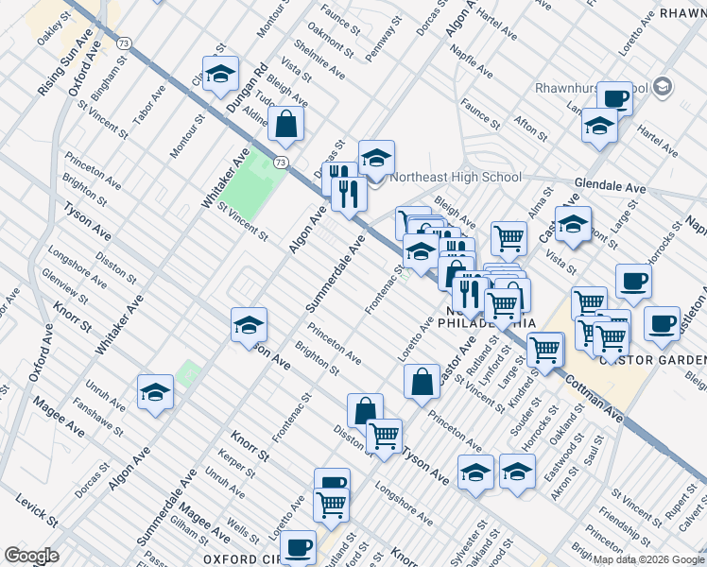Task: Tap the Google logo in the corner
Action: tap(32, 556)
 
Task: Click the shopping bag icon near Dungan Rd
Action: tap(285, 124)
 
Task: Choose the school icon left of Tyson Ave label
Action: tap(250, 324)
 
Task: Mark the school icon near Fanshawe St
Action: tap(156, 392)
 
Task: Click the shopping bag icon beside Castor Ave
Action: tap(422, 380)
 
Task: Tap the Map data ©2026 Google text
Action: tap(649, 559)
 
